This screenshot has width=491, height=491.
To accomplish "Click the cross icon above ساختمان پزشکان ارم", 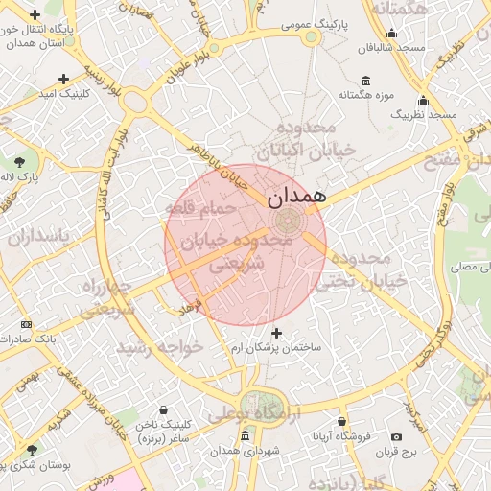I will [277, 333].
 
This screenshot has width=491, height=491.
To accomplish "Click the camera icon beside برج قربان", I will [397, 437].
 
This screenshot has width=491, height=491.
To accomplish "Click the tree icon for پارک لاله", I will [21, 161].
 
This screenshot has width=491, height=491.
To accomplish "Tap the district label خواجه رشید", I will [160, 346].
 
